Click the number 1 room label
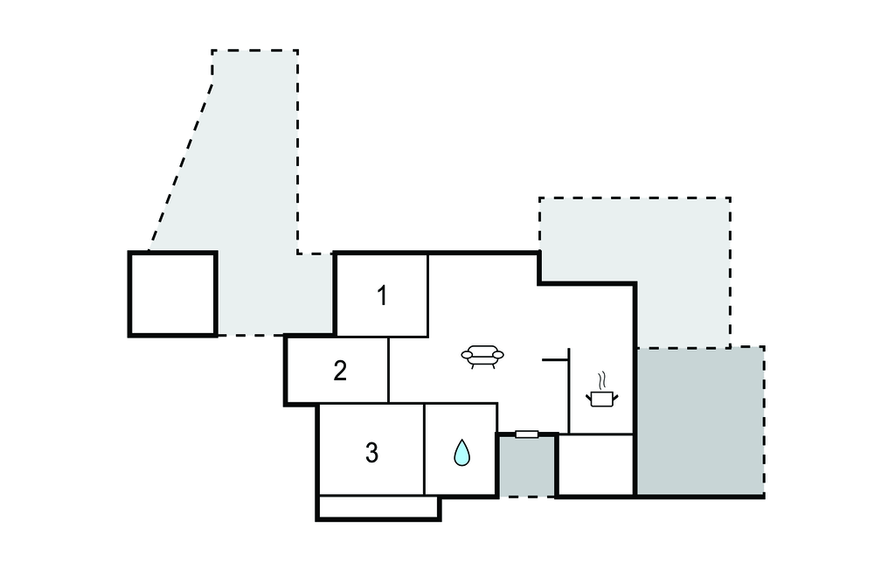383,295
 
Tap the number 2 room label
340,371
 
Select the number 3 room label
371,452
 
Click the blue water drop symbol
461,452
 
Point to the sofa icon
482,356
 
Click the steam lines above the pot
602,379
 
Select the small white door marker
527,434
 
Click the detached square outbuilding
173,294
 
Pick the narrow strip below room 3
378,507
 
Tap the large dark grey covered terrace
700,421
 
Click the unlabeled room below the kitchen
596,465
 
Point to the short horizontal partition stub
555,360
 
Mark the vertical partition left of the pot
569,391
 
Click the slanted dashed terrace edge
182,167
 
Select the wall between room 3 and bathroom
425,448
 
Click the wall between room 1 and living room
428,295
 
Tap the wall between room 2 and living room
389,370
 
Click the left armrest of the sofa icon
467,355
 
